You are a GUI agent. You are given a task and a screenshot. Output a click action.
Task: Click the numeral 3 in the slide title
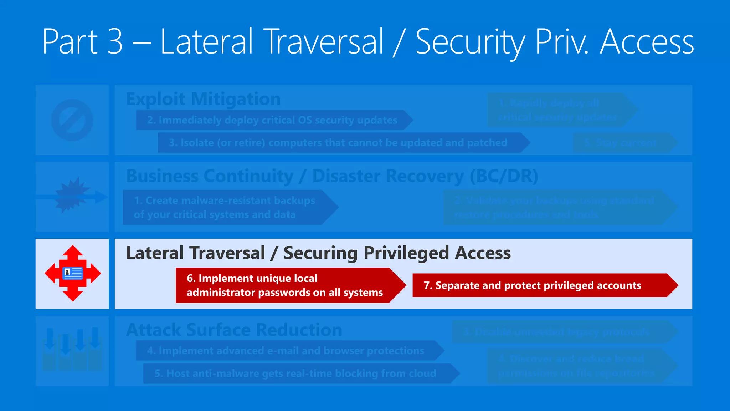tap(115, 42)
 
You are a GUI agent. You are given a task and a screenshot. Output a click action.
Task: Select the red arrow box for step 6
tap(285, 285)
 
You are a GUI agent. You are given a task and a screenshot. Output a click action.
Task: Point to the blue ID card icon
tap(73, 273)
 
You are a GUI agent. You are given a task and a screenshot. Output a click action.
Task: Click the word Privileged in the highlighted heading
tap(406, 253)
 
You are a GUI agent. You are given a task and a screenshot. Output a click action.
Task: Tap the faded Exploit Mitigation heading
tap(203, 99)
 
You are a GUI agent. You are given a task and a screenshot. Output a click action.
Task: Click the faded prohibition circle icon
tap(72, 120)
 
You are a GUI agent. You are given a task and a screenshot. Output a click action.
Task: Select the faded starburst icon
tap(72, 195)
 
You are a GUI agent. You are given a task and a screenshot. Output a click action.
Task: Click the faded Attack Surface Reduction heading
tap(234, 330)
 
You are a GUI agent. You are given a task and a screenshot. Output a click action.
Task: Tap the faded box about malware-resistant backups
tap(225, 207)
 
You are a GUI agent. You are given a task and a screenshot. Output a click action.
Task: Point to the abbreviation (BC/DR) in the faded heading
tap(504, 176)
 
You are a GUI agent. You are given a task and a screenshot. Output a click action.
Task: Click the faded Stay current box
tap(620, 143)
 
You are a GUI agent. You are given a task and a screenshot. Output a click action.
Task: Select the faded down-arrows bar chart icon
tap(72, 350)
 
